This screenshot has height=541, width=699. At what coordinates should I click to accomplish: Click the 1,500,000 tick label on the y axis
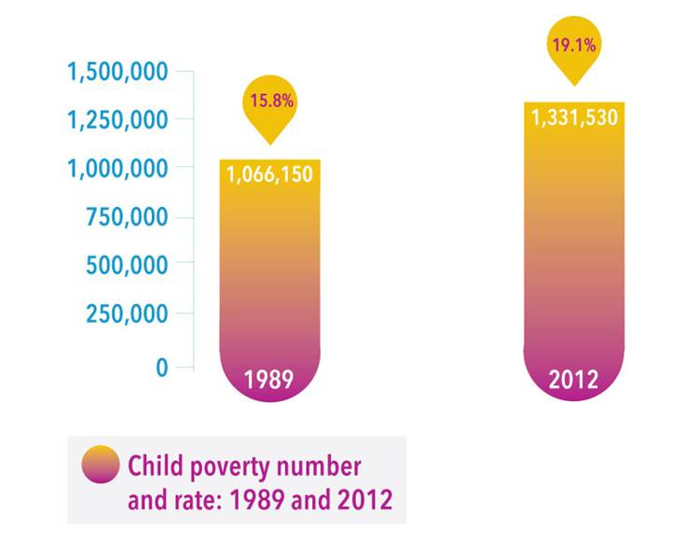pyautogui.click(x=116, y=72)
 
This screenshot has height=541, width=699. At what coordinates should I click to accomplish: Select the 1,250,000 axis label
pyautogui.click(x=116, y=120)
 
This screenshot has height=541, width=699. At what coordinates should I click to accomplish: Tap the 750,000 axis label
pyautogui.click(x=127, y=217)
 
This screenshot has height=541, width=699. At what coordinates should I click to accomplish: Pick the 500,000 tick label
pyautogui.click(x=127, y=265)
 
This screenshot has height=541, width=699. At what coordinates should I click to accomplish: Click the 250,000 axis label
pyautogui.click(x=127, y=314)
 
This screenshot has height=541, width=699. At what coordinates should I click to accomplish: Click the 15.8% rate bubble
pyautogui.click(x=270, y=100)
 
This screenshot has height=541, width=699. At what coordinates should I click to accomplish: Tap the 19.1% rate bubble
pyautogui.click(x=572, y=44)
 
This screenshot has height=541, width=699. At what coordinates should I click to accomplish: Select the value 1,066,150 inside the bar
pyautogui.click(x=269, y=174)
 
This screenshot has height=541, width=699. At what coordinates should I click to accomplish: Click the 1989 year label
pyautogui.click(x=268, y=380)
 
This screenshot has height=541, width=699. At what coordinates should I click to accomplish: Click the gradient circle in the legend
pyautogui.click(x=101, y=465)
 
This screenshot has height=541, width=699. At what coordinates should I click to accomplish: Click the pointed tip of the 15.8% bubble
pyautogui.click(x=270, y=143)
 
